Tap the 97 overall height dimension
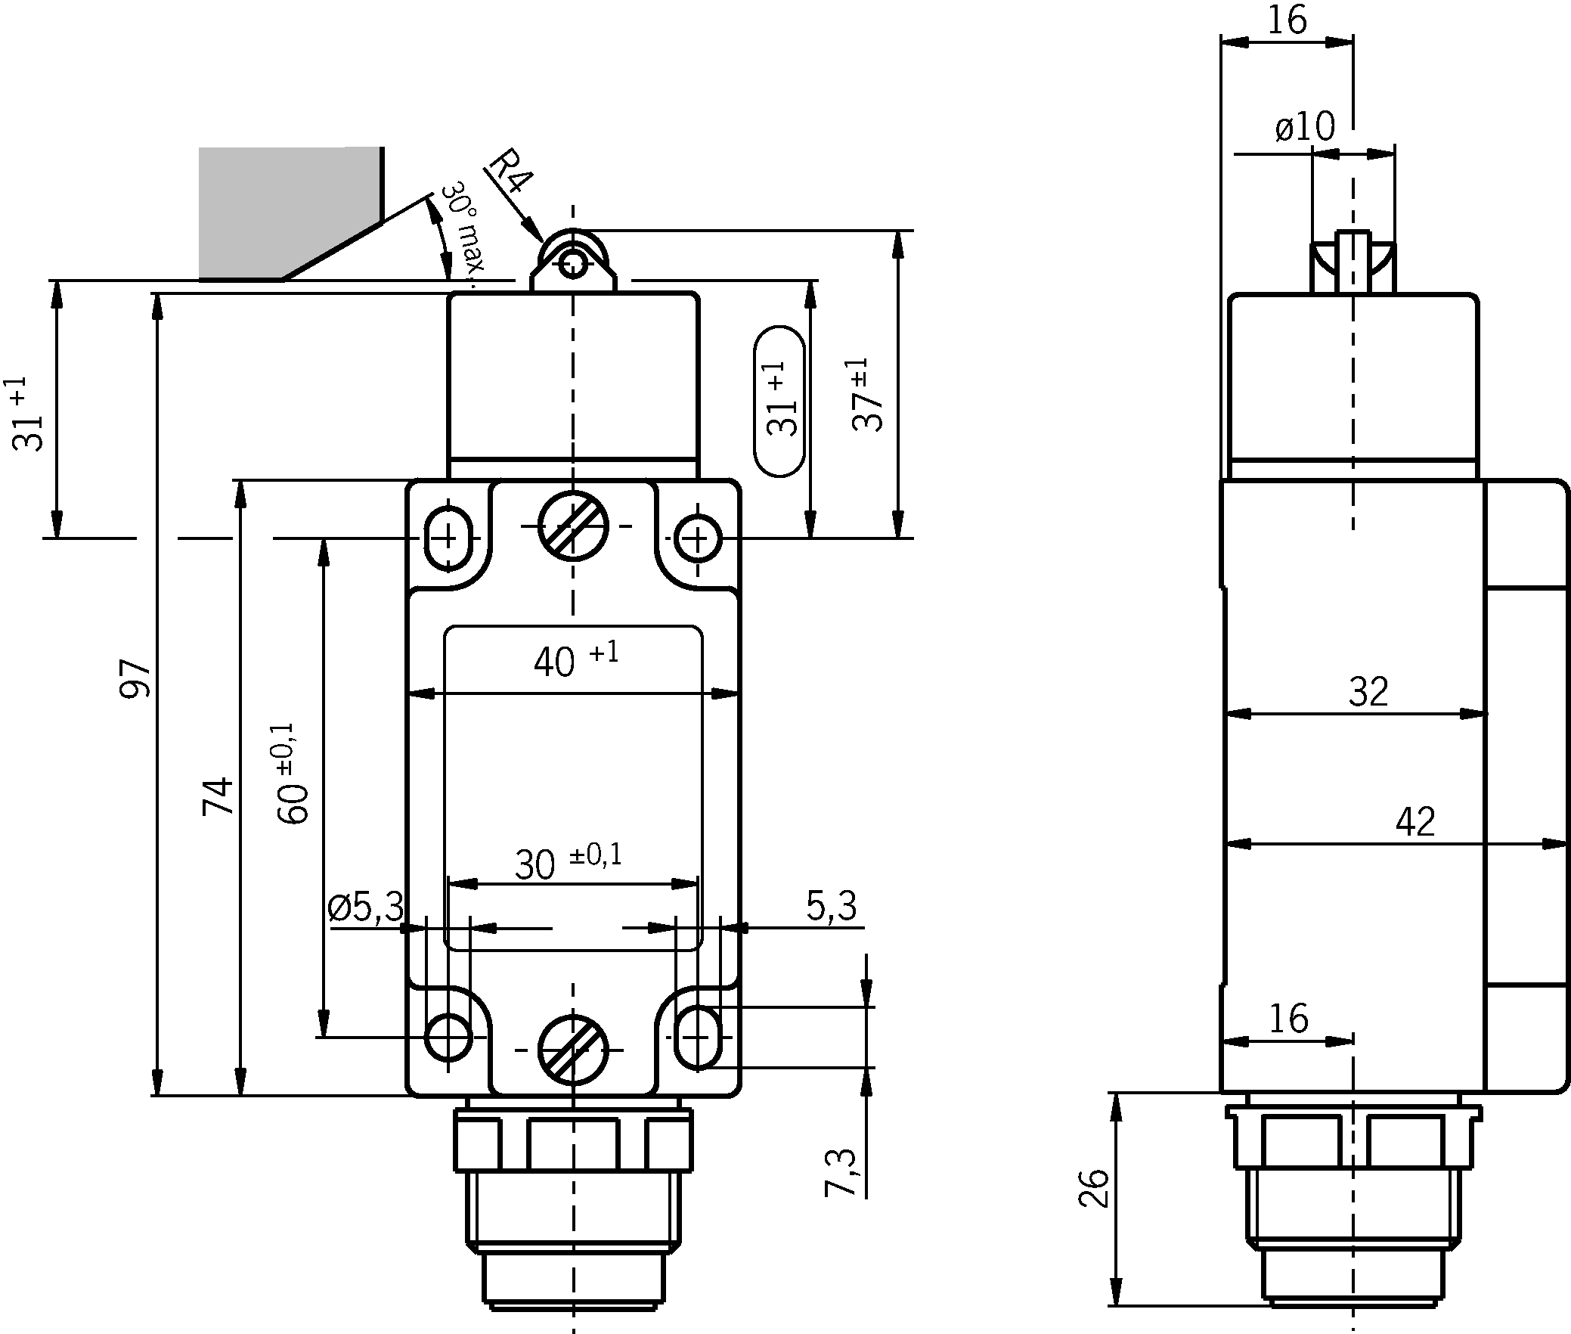[x=137, y=678]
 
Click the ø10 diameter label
[x=1306, y=128]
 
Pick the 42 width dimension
[x=1415, y=822]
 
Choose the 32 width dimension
[x=1368, y=692]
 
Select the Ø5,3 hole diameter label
[x=367, y=907]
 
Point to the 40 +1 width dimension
[x=575, y=660]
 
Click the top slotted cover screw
[x=574, y=526]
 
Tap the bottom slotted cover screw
[x=573, y=1050]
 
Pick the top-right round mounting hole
[x=697, y=539]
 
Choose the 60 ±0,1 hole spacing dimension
[x=293, y=773]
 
